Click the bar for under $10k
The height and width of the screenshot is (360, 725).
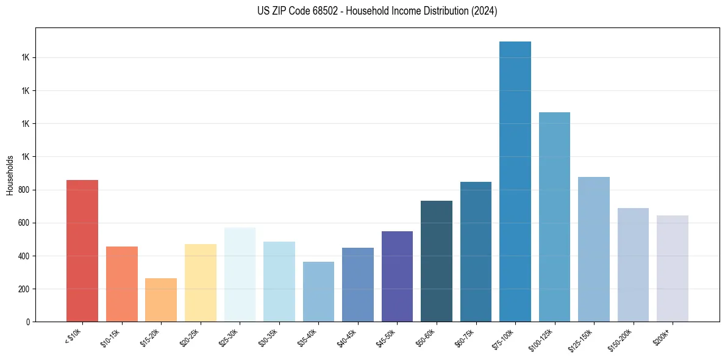click(82, 251)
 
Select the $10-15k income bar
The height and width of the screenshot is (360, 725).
click(122, 284)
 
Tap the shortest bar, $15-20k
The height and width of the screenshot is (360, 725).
click(161, 300)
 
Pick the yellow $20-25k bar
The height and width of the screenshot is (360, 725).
click(201, 283)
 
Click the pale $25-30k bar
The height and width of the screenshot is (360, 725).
click(240, 275)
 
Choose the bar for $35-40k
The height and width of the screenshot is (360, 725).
click(318, 292)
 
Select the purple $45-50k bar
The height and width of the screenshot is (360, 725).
click(397, 276)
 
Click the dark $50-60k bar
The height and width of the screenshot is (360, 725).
click(437, 261)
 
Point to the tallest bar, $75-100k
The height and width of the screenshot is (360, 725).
click(515, 181)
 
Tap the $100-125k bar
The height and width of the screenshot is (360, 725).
click(554, 217)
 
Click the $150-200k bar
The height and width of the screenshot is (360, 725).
click(633, 265)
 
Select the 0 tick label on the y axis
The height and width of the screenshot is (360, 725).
click(28, 322)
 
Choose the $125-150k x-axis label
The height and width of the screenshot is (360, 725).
click(582, 338)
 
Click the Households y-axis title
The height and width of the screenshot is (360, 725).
click(10, 175)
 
